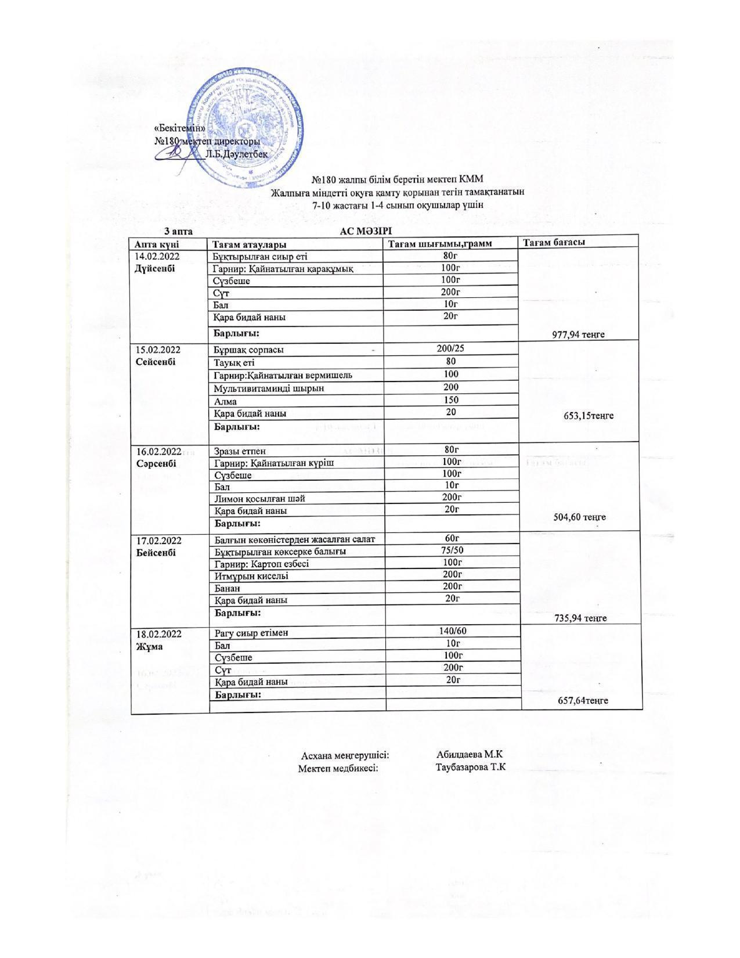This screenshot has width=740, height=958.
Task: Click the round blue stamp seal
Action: click(x=247, y=129)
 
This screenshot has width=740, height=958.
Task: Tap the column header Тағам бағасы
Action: click(x=554, y=242)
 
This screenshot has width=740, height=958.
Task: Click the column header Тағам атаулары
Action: click(x=250, y=244)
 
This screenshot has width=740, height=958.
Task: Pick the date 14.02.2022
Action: click(x=157, y=256)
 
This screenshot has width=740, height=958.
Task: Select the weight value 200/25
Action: click(x=450, y=348)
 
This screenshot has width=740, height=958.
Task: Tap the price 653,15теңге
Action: click(x=589, y=416)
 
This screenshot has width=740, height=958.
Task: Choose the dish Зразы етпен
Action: click(x=240, y=451)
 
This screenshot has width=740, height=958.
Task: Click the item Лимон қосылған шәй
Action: click(x=259, y=499)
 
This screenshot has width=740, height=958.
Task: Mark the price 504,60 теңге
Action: click(x=580, y=517)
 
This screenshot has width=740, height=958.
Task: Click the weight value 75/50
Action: click(x=452, y=550)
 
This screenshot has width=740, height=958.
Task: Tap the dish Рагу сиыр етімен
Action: click(x=251, y=633)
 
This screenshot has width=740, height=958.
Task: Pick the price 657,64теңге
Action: click(x=583, y=700)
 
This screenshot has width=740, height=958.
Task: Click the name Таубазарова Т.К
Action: click(x=471, y=767)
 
